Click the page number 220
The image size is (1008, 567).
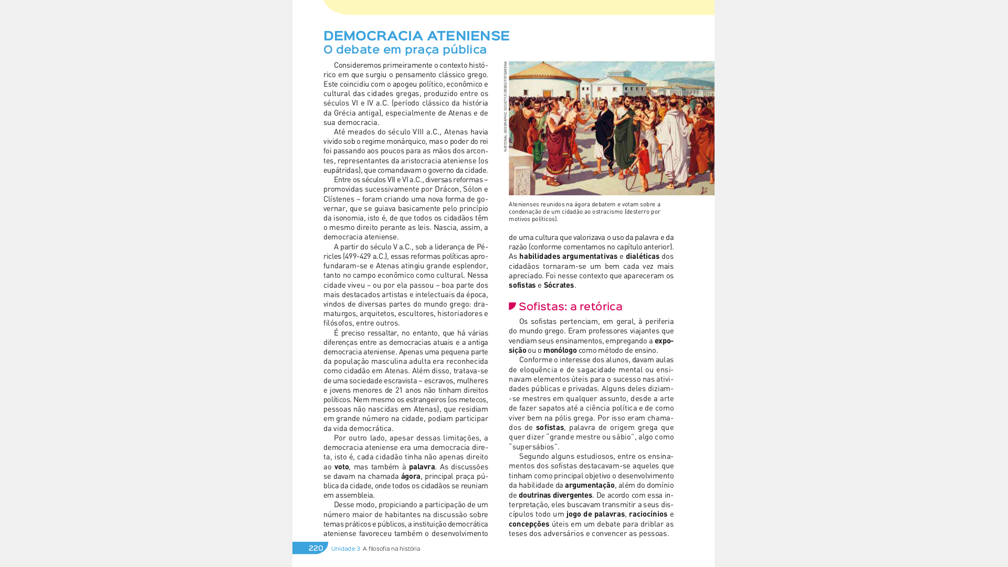point(316,548)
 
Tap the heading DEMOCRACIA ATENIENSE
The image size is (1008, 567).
point(416,36)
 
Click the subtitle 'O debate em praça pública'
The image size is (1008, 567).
point(405,49)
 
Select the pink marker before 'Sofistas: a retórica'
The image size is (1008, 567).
point(512,306)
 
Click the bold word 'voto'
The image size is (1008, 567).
point(341,467)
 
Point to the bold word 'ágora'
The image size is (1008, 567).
point(411,476)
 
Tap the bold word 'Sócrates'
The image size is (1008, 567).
point(559,285)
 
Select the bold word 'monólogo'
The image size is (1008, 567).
point(560,350)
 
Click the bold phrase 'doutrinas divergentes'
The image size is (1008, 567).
point(555,495)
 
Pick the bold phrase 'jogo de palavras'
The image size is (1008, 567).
point(595,514)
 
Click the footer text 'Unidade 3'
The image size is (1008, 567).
point(345,549)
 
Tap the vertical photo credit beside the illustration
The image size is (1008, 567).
point(505,107)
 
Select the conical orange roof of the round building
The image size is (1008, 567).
point(540,70)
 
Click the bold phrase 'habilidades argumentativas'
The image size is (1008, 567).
point(568,256)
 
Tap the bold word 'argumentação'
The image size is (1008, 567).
point(590,485)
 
